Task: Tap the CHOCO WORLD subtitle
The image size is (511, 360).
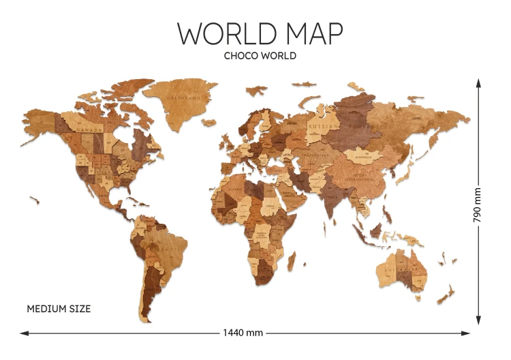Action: click(x=260, y=56)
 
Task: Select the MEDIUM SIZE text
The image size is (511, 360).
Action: click(x=59, y=309)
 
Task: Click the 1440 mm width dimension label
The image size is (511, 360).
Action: click(x=243, y=333)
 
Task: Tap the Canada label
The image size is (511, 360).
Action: click(x=89, y=128)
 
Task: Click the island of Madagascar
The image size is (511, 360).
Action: click(x=292, y=260)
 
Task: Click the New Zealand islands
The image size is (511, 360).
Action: click(x=446, y=294)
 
